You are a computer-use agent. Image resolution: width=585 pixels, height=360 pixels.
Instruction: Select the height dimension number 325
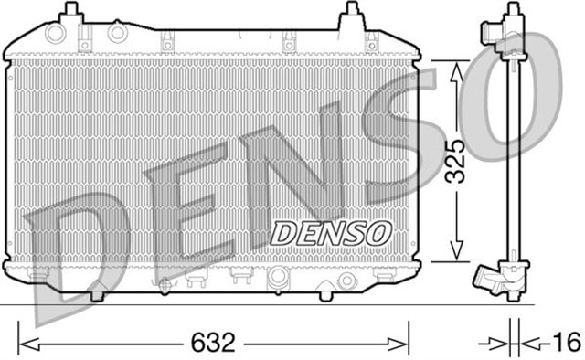coord(460,162)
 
